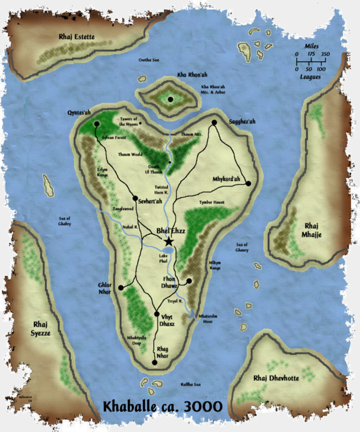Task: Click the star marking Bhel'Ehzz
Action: coord(168,241)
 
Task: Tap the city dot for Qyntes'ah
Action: coord(96,124)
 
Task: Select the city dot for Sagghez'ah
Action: coord(214,122)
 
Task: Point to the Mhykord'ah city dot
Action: coord(248,183)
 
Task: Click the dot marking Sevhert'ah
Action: coord(135,198)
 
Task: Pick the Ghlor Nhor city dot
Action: coord(121,288)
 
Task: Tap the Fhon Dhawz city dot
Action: coord(189,281)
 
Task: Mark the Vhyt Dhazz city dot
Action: coord(157,314)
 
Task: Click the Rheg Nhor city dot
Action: coord(155,363)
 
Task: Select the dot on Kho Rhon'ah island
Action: coord(171,99)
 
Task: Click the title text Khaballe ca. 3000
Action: coord(162,405)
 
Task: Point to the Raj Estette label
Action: coord(76,37)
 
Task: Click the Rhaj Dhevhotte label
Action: coord(276,378)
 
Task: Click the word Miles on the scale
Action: coord(312,46)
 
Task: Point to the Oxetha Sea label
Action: coord(148,60)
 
